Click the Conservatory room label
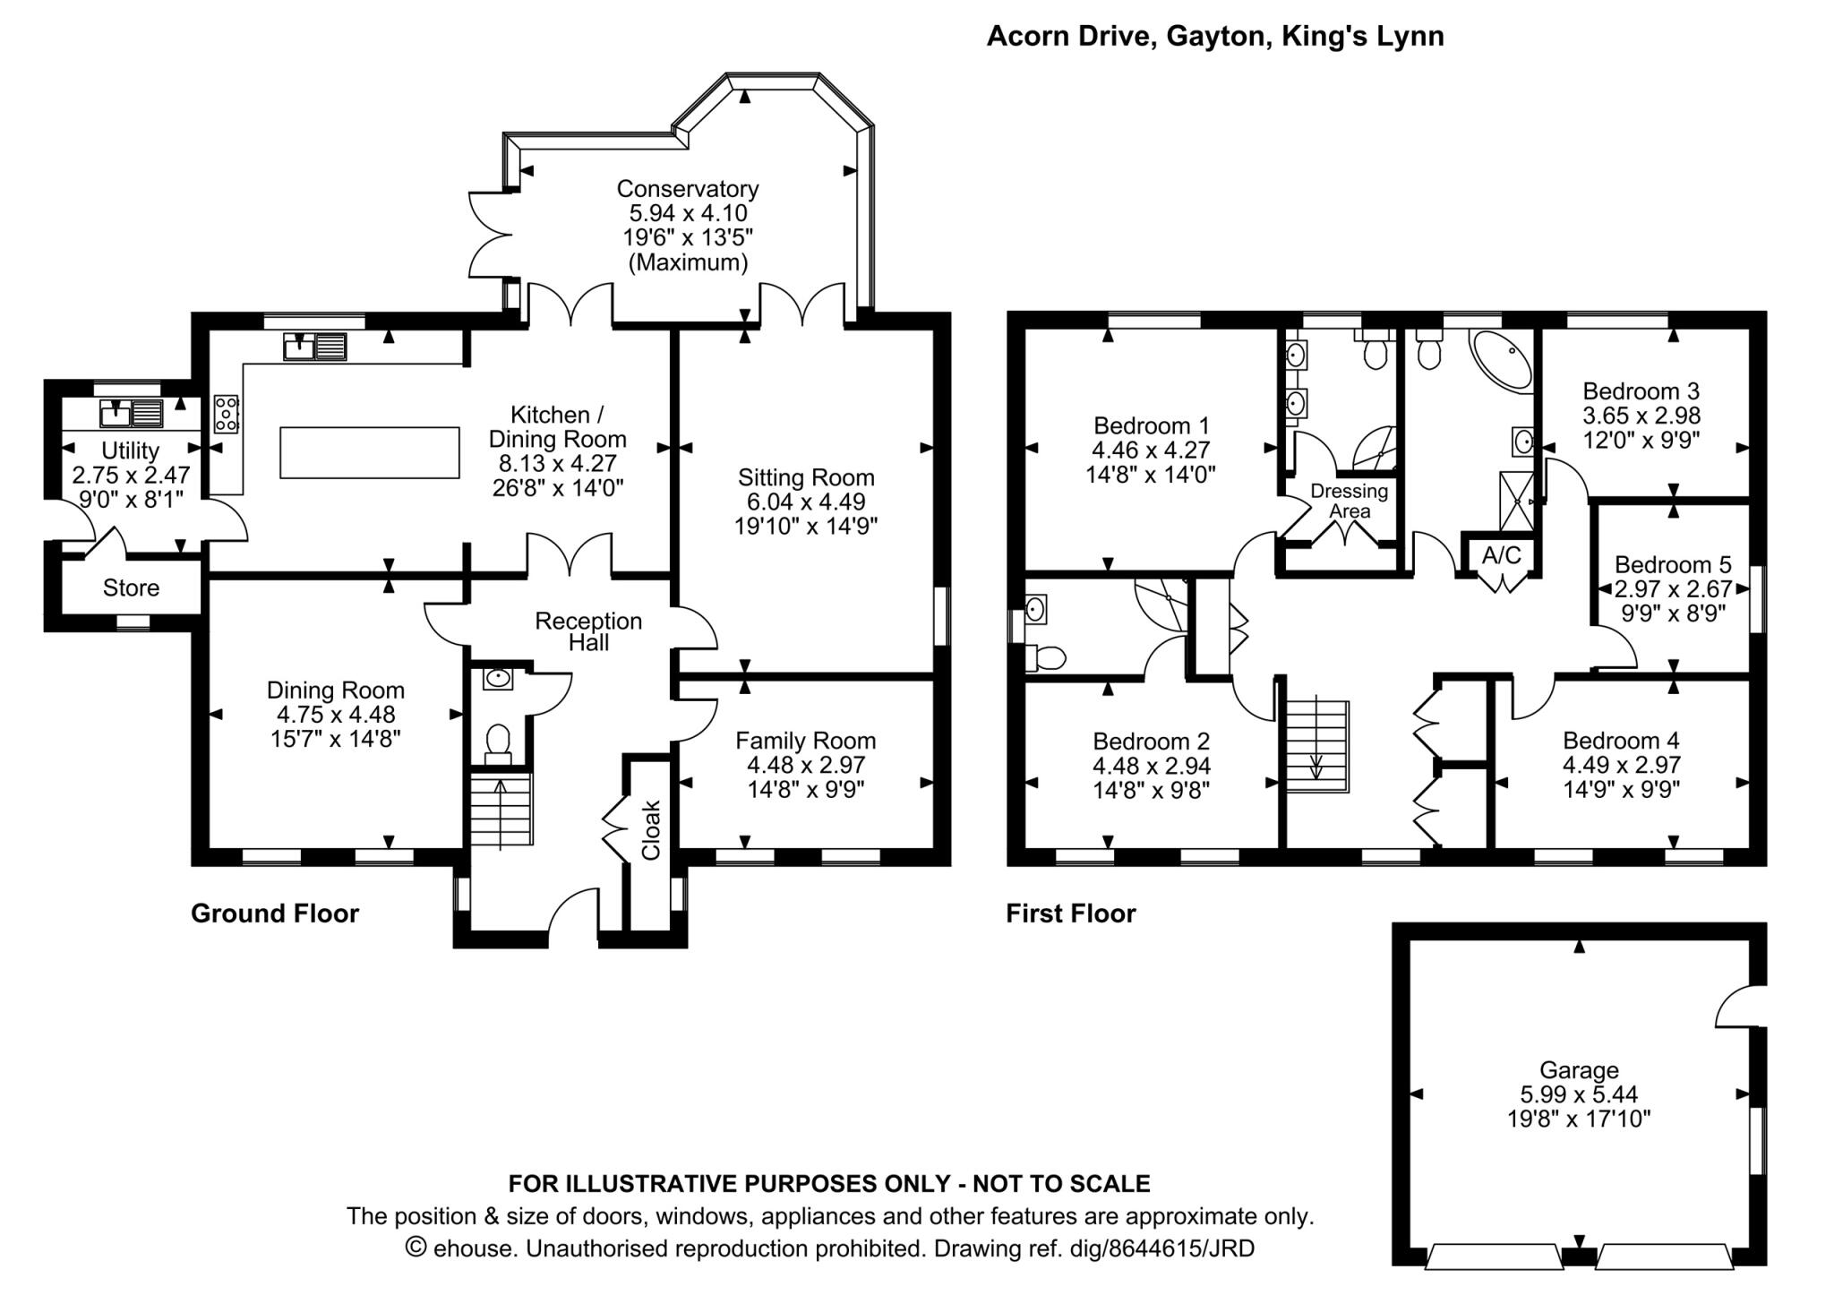click(x=688, y=189)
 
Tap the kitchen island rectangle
click(x=370, y=452)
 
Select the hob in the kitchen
click(x=227, y=415)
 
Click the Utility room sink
click(x=132, y=413)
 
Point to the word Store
click(x=131, y=588)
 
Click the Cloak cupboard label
click(x=651, y=830)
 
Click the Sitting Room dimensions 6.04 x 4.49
click(x=806, y=502)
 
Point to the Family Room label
click(x=806, y=741)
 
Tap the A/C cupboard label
click(x=1502, y=555)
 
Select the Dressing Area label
click(x=1350, y=501)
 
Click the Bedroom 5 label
click(x=1673, y=565)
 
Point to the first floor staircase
click(x=1317, y=747)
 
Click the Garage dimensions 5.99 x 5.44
click(x=1579, y=1094)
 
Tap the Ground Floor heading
click(x=275, y=913)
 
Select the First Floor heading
click(x=1071, y=913)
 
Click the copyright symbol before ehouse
click(x=416, y=1247)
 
